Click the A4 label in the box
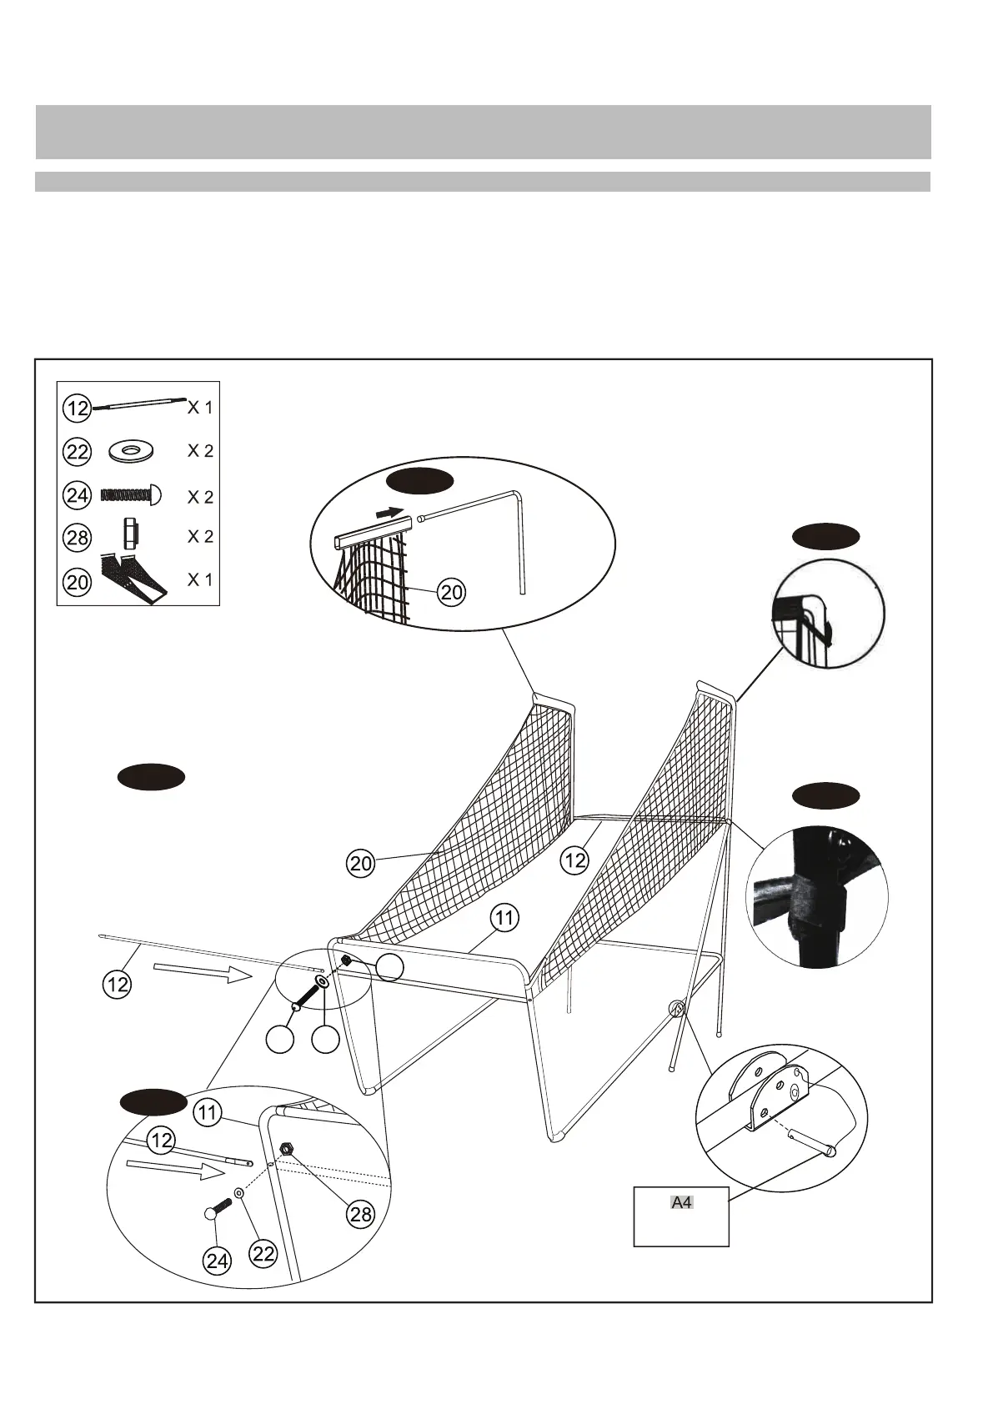click(682, 1202)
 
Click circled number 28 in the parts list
click(78, 538)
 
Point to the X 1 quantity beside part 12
click(200, 408)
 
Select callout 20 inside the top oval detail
click(451, 593)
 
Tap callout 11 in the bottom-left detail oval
click(208, 1112)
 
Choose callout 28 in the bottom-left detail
click(361, 1214)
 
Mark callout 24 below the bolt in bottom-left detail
click(218, 1261)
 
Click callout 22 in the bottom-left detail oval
click(263, 1253)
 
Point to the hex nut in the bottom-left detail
click(286, 1149)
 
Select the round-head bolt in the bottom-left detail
click(218, 1210)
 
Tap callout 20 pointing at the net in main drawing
click(361, 865)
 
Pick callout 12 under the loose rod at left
click(118, 985)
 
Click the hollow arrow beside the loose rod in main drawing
click(203, 971)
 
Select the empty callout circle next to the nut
click(389, 967)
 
